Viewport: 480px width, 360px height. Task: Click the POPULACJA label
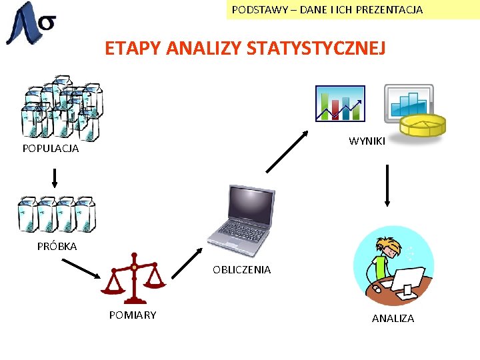[51, 149]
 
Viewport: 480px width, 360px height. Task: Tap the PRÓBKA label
[57, 246]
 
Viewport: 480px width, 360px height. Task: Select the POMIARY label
[133, 315]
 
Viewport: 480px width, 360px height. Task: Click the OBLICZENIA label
[241, 270]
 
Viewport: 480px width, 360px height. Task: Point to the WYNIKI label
[367, 141]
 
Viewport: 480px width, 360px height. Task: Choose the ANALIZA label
[393, 319]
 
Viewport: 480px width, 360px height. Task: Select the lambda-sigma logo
[30, 23]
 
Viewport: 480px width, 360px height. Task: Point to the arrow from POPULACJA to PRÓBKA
[55, 177]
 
